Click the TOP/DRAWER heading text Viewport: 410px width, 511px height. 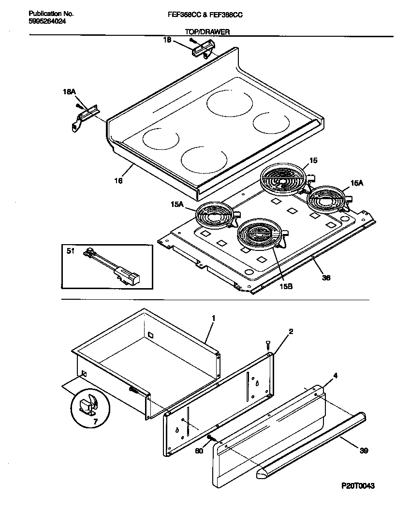207,32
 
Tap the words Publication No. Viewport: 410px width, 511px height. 46,15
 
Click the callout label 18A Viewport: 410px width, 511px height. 70,91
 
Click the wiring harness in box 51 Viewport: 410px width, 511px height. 114,268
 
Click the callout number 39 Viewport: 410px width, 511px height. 364,451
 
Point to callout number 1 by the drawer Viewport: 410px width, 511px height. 212,318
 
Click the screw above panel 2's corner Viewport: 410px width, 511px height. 267,344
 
